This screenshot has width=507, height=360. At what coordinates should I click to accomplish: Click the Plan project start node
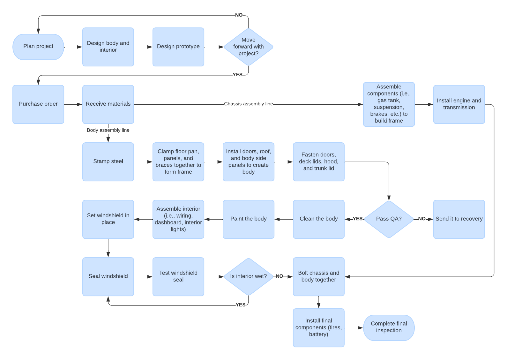[x=38, y=47]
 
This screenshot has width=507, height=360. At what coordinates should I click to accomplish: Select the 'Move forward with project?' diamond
[x=248, y=47]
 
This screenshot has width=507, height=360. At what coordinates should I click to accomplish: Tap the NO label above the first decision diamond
[x=239, y=15]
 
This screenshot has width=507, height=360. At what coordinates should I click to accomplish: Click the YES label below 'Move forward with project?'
[x=237, y=75]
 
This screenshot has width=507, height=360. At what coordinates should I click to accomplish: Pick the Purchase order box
[x=38, y=104]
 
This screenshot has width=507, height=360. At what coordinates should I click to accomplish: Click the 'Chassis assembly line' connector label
[x=248, y=104]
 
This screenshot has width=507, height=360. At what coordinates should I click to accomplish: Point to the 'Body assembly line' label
[x=108, y=130]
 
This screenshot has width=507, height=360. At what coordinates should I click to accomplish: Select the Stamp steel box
[x=108, y=162]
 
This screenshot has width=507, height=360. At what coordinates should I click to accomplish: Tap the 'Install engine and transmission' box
[x=459, y=104]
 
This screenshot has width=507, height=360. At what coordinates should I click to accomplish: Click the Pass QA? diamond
[x=389, y=219]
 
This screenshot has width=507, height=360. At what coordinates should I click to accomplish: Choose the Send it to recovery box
[x=459, y=219]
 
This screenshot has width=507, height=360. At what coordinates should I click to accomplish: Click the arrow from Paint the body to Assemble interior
[x=213, y=219]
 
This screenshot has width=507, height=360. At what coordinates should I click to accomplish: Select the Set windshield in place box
[x=108, y=219]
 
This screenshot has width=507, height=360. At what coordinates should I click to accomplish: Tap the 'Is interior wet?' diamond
[x=248, y=277]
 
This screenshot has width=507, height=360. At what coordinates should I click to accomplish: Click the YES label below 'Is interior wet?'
[x=241, y=305]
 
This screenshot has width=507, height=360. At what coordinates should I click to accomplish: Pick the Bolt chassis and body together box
[x=318, y=277]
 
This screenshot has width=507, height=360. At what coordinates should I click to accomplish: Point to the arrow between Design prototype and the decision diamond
[x=214, y=47]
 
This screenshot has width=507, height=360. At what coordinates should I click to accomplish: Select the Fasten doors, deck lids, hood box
[x=318, y=162]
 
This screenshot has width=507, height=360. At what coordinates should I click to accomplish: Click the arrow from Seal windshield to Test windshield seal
[x=143, y=277]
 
